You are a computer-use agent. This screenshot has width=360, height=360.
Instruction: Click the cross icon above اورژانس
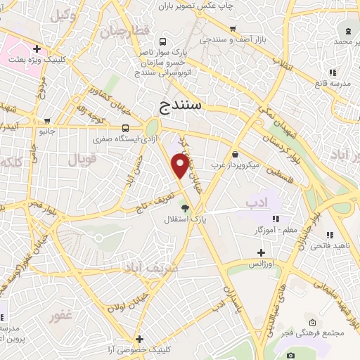pyautogui.click(x=262, y=252)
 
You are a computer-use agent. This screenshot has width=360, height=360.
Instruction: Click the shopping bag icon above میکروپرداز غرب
pyautogui.click(x=234, y=154)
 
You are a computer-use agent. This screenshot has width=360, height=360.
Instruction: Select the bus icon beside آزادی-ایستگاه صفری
pyautogui.click(x=125, y=129)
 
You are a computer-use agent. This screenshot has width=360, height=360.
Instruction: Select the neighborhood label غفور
pyautogui.click(x=61, y=316)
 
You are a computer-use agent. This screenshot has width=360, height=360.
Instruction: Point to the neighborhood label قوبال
pyautogui.click(x=82, y=160)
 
